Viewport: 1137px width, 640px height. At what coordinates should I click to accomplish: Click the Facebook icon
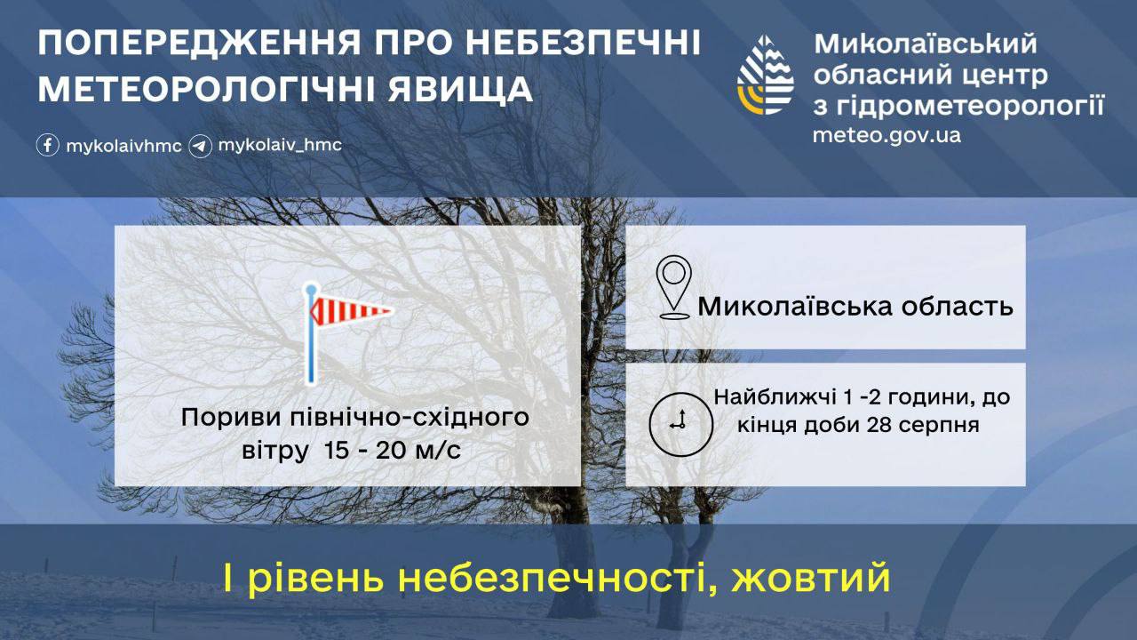pos(48,145)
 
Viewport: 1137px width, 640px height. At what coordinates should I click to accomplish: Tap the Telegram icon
pos(200,147)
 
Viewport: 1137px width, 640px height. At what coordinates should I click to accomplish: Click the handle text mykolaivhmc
pos(123,147)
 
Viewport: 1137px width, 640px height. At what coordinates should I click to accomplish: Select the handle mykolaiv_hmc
pos(280,145)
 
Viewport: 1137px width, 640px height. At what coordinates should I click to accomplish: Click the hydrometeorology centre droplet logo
pos(765,76)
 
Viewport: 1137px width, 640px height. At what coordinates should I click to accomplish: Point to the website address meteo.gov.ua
pos(887,136)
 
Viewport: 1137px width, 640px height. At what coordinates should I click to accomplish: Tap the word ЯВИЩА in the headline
pos(460,90)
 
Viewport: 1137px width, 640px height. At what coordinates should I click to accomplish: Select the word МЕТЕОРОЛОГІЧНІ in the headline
pos(206,90)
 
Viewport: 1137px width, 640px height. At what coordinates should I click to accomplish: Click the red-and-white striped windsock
pos(351,310)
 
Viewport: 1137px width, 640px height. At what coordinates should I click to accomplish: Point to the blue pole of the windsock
pos(311,333)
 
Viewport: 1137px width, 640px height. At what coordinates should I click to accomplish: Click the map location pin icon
pos(673,287)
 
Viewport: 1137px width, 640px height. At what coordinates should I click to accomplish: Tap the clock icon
pos(680,424)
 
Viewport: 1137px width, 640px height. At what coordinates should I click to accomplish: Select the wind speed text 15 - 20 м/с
pos(393,450)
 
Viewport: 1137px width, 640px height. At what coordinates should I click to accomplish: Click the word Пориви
pos(231,419)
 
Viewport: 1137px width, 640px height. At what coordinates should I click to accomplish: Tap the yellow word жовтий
pos(811,578)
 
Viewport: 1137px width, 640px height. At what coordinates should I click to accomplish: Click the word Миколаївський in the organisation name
pos(926,44)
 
